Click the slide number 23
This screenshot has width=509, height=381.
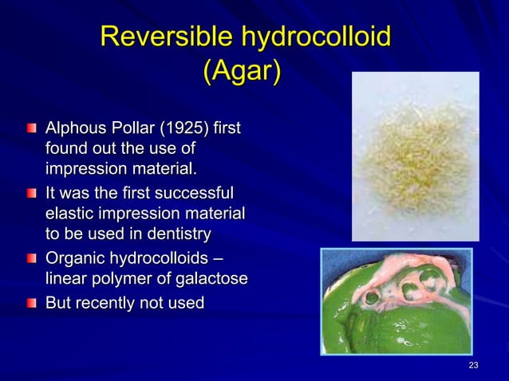(x=473, y=365)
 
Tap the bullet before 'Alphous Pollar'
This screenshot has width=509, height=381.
(x=30, y=128)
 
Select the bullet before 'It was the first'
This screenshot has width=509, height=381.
(x=30, y=194)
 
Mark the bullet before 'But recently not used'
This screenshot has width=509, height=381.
(x=30, y=303)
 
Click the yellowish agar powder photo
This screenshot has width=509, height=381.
(x=415, y=156)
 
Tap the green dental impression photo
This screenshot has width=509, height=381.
(x=396, y=300)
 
